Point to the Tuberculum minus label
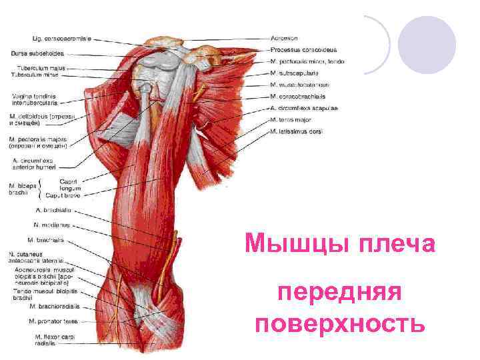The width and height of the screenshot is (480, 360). click(x=41, y=75)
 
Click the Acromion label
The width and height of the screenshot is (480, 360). click(x=285, y=38)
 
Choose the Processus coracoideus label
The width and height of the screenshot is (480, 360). click(x=303, y=50)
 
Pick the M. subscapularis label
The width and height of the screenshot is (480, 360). click(x=295, y=73)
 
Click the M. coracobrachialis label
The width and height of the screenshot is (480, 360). click(x=300, y=96)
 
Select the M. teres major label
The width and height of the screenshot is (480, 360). click(x=291, y=119)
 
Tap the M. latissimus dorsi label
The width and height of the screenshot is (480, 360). click(x=297, y=131)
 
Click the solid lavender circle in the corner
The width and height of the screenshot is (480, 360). click(x=427, y=45)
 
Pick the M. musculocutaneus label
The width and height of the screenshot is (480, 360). click(x=300, y=85)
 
